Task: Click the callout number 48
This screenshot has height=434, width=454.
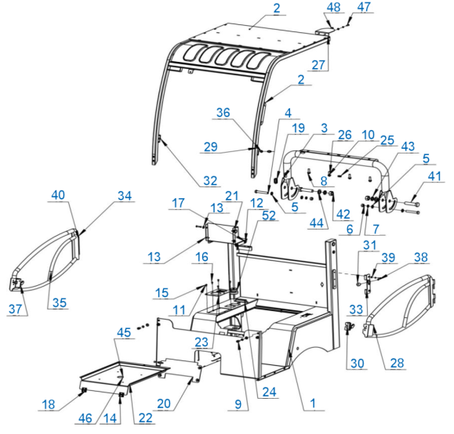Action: point(333,7)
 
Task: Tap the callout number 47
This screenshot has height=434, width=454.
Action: point(364,6)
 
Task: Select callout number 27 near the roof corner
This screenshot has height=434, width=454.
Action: point(318,65)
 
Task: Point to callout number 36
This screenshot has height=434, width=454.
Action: point(223,113)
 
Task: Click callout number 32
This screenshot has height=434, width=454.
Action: point(210,181)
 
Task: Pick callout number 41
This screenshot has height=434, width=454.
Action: point(434,176)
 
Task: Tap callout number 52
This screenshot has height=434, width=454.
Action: point(269,215)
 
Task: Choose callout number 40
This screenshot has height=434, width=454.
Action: point(58,195)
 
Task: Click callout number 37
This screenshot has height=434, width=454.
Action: point(16,309)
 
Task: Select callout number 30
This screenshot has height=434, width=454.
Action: point(358,363)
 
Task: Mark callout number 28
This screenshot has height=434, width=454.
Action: point(397,363)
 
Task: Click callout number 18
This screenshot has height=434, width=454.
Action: point(49,404)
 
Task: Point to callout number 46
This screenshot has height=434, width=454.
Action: point(85,418)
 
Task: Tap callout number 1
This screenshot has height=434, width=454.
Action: point(313,403)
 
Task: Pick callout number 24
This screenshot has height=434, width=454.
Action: point(269,392)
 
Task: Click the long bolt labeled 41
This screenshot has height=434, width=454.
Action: point(409,204)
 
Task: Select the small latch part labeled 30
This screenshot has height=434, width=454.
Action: point(350,327)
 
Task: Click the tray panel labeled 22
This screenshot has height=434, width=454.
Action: point(125,376)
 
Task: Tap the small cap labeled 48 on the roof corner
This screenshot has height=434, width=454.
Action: point(324,32)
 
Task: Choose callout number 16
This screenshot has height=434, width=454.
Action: point(202,257)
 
